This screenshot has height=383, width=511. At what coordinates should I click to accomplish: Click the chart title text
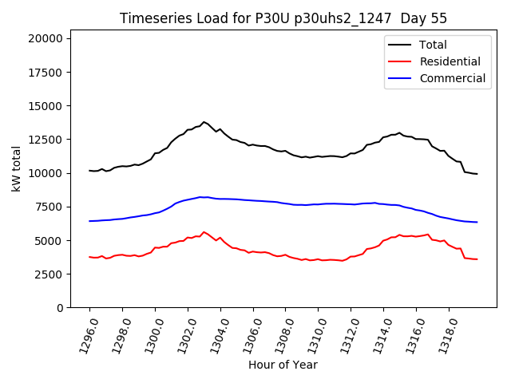coord(283,18)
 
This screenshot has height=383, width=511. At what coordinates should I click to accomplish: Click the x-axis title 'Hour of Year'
coord(283,365)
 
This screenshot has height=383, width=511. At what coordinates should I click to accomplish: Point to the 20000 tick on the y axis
coord(50,38)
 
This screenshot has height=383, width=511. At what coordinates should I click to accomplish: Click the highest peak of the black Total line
coord(204,122)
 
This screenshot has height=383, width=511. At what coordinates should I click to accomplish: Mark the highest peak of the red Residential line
coord(204,232)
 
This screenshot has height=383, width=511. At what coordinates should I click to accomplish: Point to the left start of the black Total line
coord(89,171)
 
